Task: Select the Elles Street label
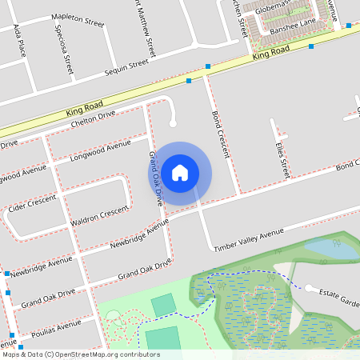coord(281,158)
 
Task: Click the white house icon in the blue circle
coord(180,173)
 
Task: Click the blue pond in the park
coord(330,249)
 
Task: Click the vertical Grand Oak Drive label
coord(156,178)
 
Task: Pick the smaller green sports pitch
coord(163,305)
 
